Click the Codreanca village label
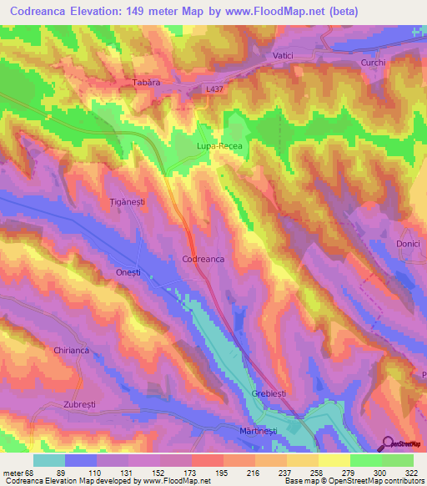point(203,260)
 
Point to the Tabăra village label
point(145,84)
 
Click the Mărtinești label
point(249,429)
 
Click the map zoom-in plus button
point(418,31)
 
